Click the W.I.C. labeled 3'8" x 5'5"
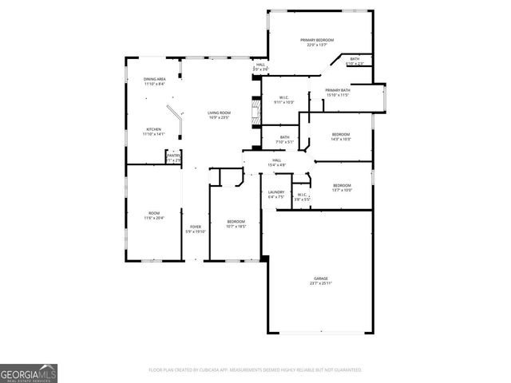[303, 196]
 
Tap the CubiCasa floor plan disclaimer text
[255, 370]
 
